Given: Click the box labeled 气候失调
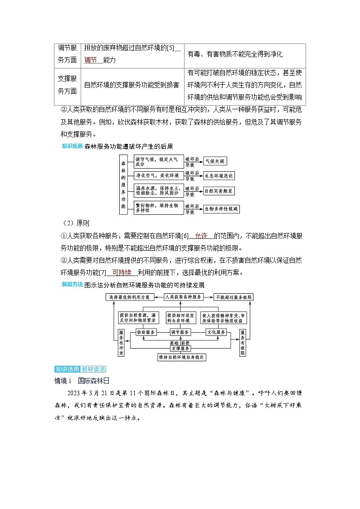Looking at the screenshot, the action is pyautogui.click(x=215, y=161).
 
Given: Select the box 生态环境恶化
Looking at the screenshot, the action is pyautogui.click(x=219, y=176).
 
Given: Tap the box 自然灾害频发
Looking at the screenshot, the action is pyautogui.click(x=219, y=191).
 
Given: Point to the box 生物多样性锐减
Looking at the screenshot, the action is pyautogui.click(x=221, y=209).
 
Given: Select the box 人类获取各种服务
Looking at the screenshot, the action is pyautogui.click(x=183, y=297).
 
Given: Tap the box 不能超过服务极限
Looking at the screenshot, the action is pyautogui.click(x=234, y=297).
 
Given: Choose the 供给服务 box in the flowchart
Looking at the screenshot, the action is pyautogui.click(x=146, y=332).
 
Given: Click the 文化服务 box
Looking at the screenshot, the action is pyautogui.click(x=216, y=332).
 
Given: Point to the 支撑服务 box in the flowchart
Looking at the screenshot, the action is pyautogui.click(x=180, y=349).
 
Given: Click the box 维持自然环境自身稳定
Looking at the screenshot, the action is pyautogui.click(x=182, y=357).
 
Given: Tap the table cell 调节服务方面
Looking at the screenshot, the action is pyautogui.click(x=68, y=54).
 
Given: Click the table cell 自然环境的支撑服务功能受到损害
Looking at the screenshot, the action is pyautogui.click(x=131, y=85).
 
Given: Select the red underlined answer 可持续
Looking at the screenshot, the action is pyautogui.click(x=122, y=272).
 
